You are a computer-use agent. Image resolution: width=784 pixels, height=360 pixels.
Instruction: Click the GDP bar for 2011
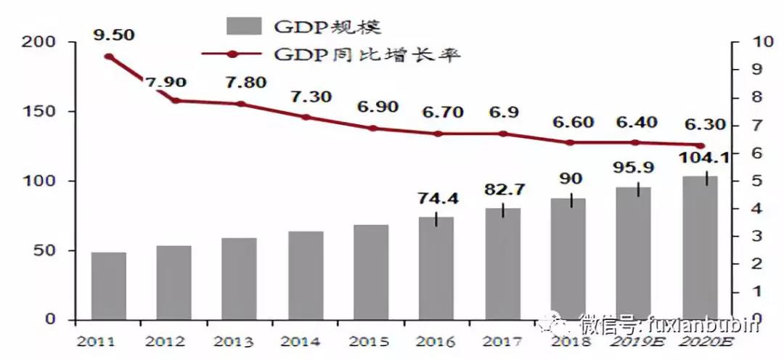pyautogui.click(x=109, y=286)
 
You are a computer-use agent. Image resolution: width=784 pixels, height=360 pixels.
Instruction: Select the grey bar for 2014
pyautogui.click(x=305, y=276)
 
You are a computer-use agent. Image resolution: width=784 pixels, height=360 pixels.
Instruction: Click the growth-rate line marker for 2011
pyautogui.click(x=109, y=57)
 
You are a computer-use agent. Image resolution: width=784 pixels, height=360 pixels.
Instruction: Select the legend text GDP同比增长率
pyautogui.click(x=367, y=54)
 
